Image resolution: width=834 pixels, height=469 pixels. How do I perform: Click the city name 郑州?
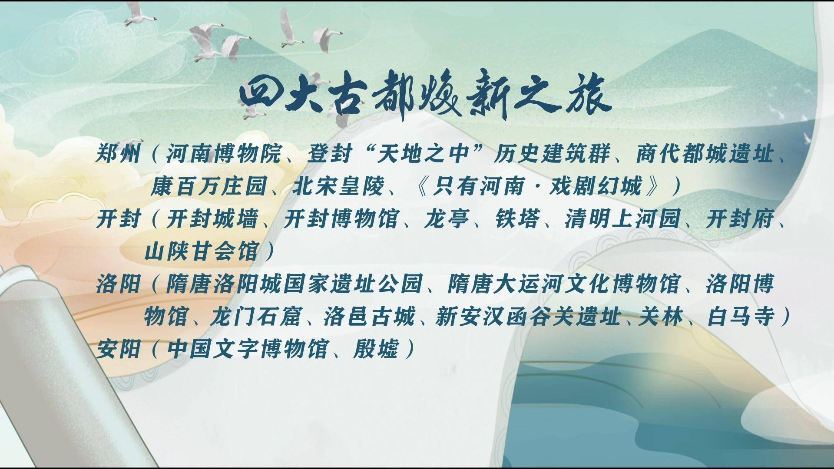119,154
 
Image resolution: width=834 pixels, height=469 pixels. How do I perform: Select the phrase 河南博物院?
223,154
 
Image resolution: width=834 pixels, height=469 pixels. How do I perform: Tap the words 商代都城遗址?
705,154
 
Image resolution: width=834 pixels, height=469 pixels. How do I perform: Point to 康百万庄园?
208,187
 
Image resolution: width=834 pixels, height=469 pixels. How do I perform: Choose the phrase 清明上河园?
622,219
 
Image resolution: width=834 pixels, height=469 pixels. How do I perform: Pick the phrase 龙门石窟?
255,317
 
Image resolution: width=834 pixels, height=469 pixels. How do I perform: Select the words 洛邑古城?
369,317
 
